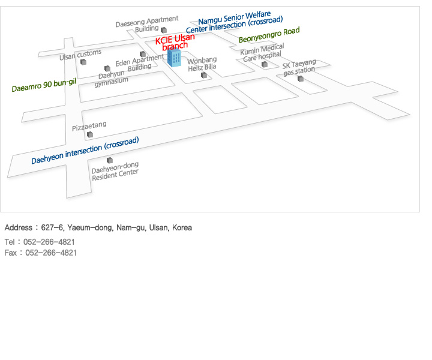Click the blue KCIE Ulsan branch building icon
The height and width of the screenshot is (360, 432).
pos(175,58)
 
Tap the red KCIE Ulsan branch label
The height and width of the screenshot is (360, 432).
pos(175,41)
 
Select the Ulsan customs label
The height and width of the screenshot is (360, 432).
pos(80,55)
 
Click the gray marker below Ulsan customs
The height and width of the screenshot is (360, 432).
pos(84,62)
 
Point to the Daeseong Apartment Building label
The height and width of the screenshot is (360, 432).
pos(147,24)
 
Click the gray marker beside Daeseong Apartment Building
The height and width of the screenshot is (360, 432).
pos(164,29)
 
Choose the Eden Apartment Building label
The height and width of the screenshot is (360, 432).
pos(139,64)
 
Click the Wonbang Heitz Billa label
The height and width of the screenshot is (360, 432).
pos(202,64)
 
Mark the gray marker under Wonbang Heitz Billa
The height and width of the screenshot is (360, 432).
pos(204,75)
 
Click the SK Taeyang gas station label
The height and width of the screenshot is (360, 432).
pos(299,67)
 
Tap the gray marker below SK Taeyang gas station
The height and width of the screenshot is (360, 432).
pos(301,79)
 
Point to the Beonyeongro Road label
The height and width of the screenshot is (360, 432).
pos(269,35)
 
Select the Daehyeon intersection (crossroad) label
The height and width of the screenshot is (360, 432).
pos(85,151)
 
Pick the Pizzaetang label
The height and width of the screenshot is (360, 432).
pos(89,126)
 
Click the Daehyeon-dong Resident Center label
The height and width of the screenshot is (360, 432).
pos(115,171)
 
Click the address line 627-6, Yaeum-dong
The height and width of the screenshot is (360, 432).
pos(98,228)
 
